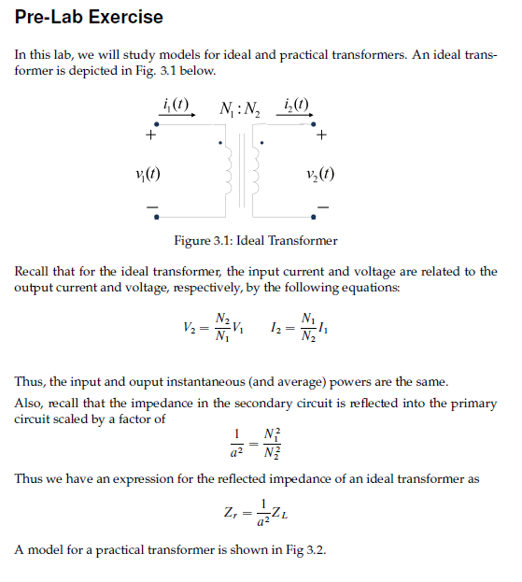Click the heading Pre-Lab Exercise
[89, 17]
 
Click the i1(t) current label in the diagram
[176, 104]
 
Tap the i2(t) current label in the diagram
[295, 104]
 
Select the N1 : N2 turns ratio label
[240, 107]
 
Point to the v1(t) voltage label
[147, 173]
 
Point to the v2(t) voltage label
[320, 173]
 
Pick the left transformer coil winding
[225, 175]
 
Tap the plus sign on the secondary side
[322, 135]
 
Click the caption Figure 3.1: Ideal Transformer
[256, 241]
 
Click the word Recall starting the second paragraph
[35, 272]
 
